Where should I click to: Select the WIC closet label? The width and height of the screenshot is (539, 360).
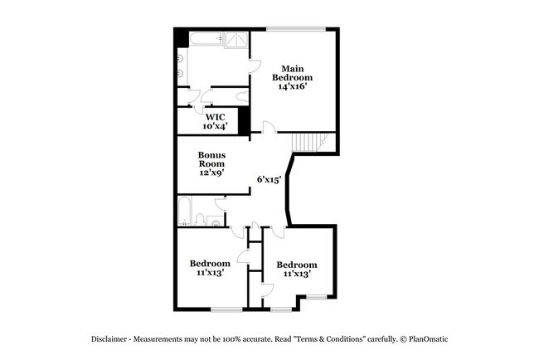point(215,117)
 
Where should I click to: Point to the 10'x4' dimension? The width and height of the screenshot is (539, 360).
point(215,127)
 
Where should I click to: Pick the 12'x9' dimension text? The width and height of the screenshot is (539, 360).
point(211,173)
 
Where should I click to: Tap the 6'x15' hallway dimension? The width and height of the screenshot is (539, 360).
point(269,178)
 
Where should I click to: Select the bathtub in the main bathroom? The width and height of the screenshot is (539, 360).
point(204,38)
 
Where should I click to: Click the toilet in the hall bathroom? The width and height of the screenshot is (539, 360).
point(200,219)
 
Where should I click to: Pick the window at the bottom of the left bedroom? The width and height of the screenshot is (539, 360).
point(226,309)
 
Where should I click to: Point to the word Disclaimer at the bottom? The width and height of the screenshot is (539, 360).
point(112,339)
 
